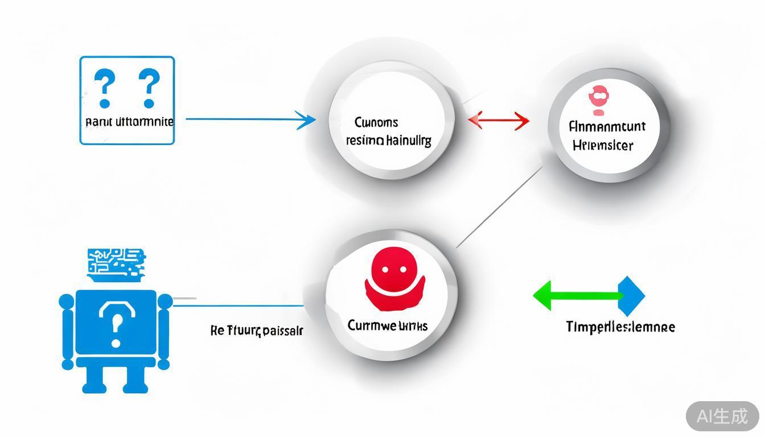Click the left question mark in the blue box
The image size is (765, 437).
pos(105,88)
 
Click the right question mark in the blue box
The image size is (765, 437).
pos(149,88)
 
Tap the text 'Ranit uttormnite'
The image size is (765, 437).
pos(129,122)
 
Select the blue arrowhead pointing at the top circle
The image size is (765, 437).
pos(307,120)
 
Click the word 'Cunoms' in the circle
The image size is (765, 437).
pos(376,122)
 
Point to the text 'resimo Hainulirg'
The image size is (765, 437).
pos(389,140)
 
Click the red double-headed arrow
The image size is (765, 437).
pos(499,121)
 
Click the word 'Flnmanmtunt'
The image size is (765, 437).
pos(607,126)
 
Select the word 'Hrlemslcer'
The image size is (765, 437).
pos(603,145)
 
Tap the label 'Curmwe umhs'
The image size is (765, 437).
pos(388,325)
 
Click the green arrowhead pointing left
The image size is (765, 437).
pos(544,296)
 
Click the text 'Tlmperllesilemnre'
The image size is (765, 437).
pos(620,327)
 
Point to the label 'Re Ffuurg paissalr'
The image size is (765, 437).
pos(257,330)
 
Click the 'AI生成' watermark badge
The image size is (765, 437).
pos(722,416)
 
